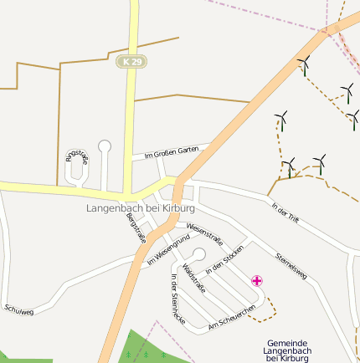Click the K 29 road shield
[x=131, y=62]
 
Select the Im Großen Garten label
[x=171, y=152]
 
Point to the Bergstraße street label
[x=135, y=228]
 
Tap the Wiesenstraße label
[x=205, y=231]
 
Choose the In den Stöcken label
[x=224, y=259]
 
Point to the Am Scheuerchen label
[x=231, y=316]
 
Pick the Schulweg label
[x=18, y=311]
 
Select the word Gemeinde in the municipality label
[x=286, y=343]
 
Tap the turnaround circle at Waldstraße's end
[x=199, y=254]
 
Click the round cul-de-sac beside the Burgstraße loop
[x=105, y=146]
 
